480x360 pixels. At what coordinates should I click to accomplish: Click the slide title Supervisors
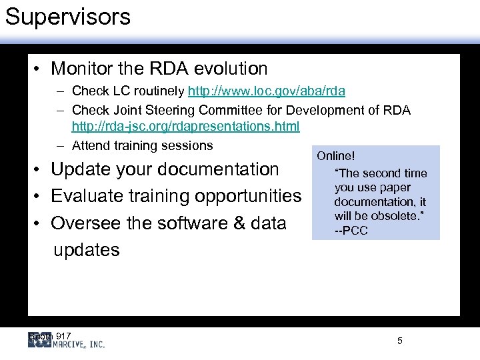pyautogui.click(x=68, y=17)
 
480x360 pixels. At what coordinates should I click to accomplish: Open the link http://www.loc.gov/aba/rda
pyautogui.click(x=267, y=91)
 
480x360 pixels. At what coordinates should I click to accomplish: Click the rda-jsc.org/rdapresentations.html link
pyautogui.click(x=185, y=126)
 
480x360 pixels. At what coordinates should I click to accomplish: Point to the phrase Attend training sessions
pyautogui.click(x=142, y=145)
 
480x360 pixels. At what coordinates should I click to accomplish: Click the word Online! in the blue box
pyautogui.click(x=336, y=156)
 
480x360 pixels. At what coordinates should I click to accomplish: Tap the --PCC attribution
pyautogui.click(x=351, y=231)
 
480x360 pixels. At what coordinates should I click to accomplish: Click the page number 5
pyautogui.click(x=400, y=341)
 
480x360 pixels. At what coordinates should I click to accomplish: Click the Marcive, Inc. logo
pyautogui.click(x=67, y=341)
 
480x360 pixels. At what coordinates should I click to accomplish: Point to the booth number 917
pyautogui.click(x=63, y=335)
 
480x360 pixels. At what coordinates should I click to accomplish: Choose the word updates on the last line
pyautogui.click(x=86, y=250)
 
